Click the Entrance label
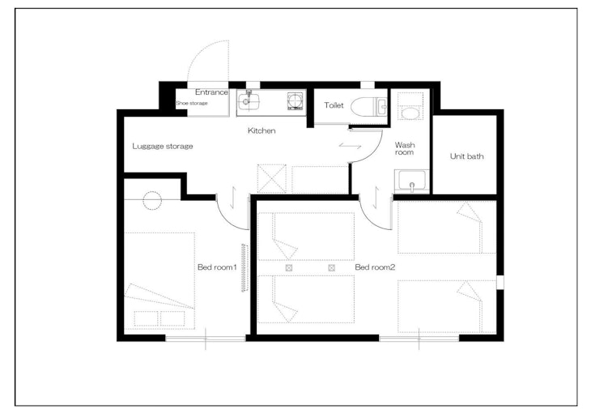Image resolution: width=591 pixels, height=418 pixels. click(211, 92)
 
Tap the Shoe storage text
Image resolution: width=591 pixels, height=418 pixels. click(192, 103)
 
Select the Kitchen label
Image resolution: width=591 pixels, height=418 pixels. click(261, 130)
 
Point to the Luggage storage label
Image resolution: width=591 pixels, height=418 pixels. click(163, 147)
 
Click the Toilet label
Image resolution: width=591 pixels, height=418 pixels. click(334, 105)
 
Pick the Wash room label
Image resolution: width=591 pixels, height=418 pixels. click(405, 148)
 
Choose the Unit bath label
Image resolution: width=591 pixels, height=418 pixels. click(466, 156)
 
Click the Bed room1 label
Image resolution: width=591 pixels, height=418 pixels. click(217, 267)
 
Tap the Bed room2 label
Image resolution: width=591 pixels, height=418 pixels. click(375, 267)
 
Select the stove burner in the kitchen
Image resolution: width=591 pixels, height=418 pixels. click(295, 101)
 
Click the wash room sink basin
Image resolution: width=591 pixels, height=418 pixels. click(411, 181)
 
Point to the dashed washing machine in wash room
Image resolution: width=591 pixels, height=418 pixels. click(410, 106)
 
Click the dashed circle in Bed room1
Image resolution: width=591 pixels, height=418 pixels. click(152, 201)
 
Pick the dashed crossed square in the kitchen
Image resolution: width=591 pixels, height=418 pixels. click(271, 178)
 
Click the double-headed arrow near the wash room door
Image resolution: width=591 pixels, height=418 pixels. click(351, 146)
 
